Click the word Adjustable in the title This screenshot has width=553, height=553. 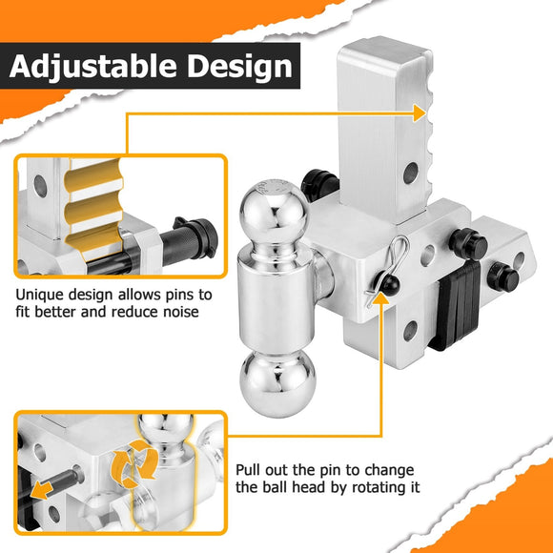92,66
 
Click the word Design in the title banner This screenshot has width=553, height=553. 240,66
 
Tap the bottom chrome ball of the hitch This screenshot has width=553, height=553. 277,383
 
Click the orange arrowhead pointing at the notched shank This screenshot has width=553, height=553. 420,113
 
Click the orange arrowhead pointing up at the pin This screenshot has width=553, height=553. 380,298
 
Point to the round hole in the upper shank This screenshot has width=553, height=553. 411,173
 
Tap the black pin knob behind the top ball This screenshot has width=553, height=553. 319,184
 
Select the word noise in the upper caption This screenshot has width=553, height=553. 181,312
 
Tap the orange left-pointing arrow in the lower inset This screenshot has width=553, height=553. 42,491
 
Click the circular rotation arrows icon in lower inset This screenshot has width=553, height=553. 134,463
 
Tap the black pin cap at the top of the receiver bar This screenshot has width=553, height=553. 468,243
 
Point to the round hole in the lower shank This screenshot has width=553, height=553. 410,331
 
